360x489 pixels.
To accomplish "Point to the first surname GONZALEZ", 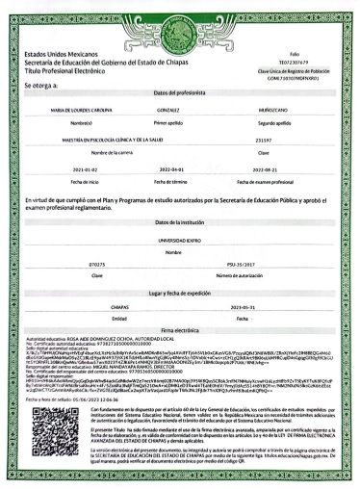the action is tap(169, 114).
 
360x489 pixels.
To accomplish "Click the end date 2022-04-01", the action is tap(170, 170).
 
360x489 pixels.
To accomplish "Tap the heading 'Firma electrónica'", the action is tap(180, 330).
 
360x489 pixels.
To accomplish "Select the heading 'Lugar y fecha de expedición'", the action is tap(180, 290).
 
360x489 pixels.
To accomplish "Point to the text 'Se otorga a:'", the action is tap(41, 86).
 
